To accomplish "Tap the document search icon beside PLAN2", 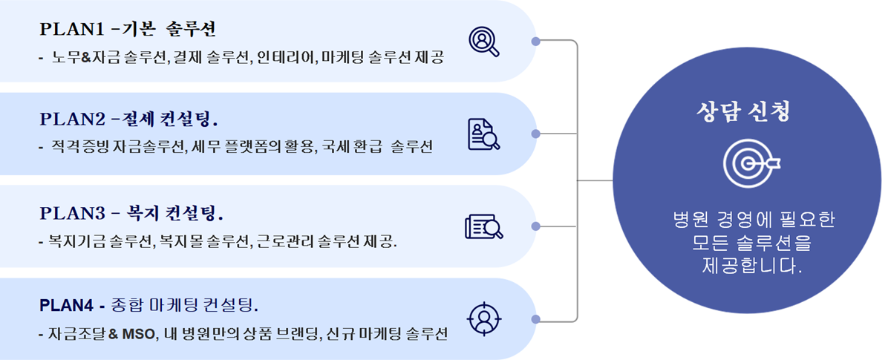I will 484,134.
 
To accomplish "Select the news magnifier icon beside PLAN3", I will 484,226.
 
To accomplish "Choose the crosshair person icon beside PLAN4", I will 484,318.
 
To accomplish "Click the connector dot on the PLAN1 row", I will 536,41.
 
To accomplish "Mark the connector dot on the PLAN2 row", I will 536,134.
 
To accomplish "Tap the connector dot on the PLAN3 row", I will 536,226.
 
